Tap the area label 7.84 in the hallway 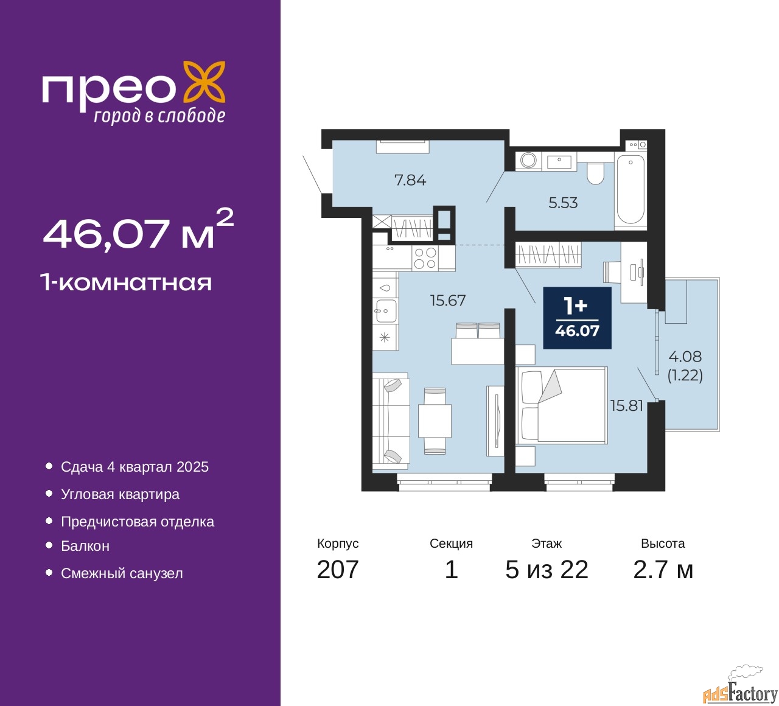[x=410, y=180]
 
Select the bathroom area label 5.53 [x=563, y=203]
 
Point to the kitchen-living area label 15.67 [x=448, y=300]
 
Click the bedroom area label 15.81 [x=627, y=406]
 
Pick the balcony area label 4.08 [x=685, y=356]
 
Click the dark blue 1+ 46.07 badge [x=577, y=318]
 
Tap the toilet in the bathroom [x=595, y=173]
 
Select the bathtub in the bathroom [x=631, y=192]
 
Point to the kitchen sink [x=385, y=310]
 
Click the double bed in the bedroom [x=562, y=405]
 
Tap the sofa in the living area [x=391, y=421]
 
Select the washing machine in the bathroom [x=528, y=161]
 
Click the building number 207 [x=337, y=570]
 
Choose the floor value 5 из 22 [x=547, y=570]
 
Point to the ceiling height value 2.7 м [x=663, y=570]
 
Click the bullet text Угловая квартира [x=120, y=494]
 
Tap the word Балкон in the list [x=85, y=545]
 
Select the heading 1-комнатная [x=127, y=283]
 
